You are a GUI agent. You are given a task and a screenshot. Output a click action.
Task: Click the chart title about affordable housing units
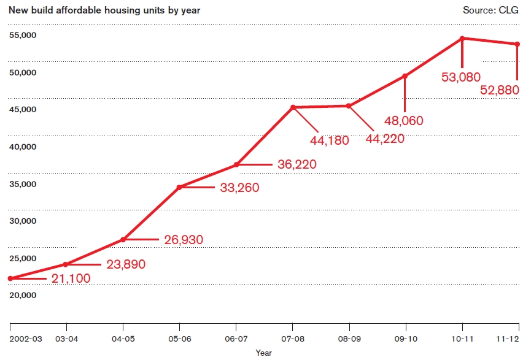104,10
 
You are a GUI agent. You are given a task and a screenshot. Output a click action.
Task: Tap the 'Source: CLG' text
490,10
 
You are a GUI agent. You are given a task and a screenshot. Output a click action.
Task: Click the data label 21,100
71,279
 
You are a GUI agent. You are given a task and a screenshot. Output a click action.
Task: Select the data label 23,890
126,265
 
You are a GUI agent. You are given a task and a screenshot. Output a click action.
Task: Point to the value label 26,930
183,240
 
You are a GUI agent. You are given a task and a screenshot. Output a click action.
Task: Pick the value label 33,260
239,188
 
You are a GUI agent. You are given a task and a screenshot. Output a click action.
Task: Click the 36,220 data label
296,165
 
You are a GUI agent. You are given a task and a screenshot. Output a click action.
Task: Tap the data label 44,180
329,140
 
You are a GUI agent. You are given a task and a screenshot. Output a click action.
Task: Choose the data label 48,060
404,121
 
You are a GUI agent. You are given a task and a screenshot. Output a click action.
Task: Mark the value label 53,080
462,77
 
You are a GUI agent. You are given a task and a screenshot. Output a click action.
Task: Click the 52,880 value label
500,90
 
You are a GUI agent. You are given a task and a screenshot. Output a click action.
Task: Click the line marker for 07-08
293,107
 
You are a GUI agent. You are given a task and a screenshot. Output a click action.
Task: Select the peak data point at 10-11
462,38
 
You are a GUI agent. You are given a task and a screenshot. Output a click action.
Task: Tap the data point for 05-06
179,187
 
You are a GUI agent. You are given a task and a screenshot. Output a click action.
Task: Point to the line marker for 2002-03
10,278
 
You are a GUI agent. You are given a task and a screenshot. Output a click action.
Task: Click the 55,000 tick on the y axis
23,35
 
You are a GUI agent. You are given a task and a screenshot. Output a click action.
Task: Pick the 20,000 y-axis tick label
23,295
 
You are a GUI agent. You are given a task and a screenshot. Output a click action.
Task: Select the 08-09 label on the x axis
349,339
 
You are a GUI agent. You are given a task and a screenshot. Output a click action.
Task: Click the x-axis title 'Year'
264,353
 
